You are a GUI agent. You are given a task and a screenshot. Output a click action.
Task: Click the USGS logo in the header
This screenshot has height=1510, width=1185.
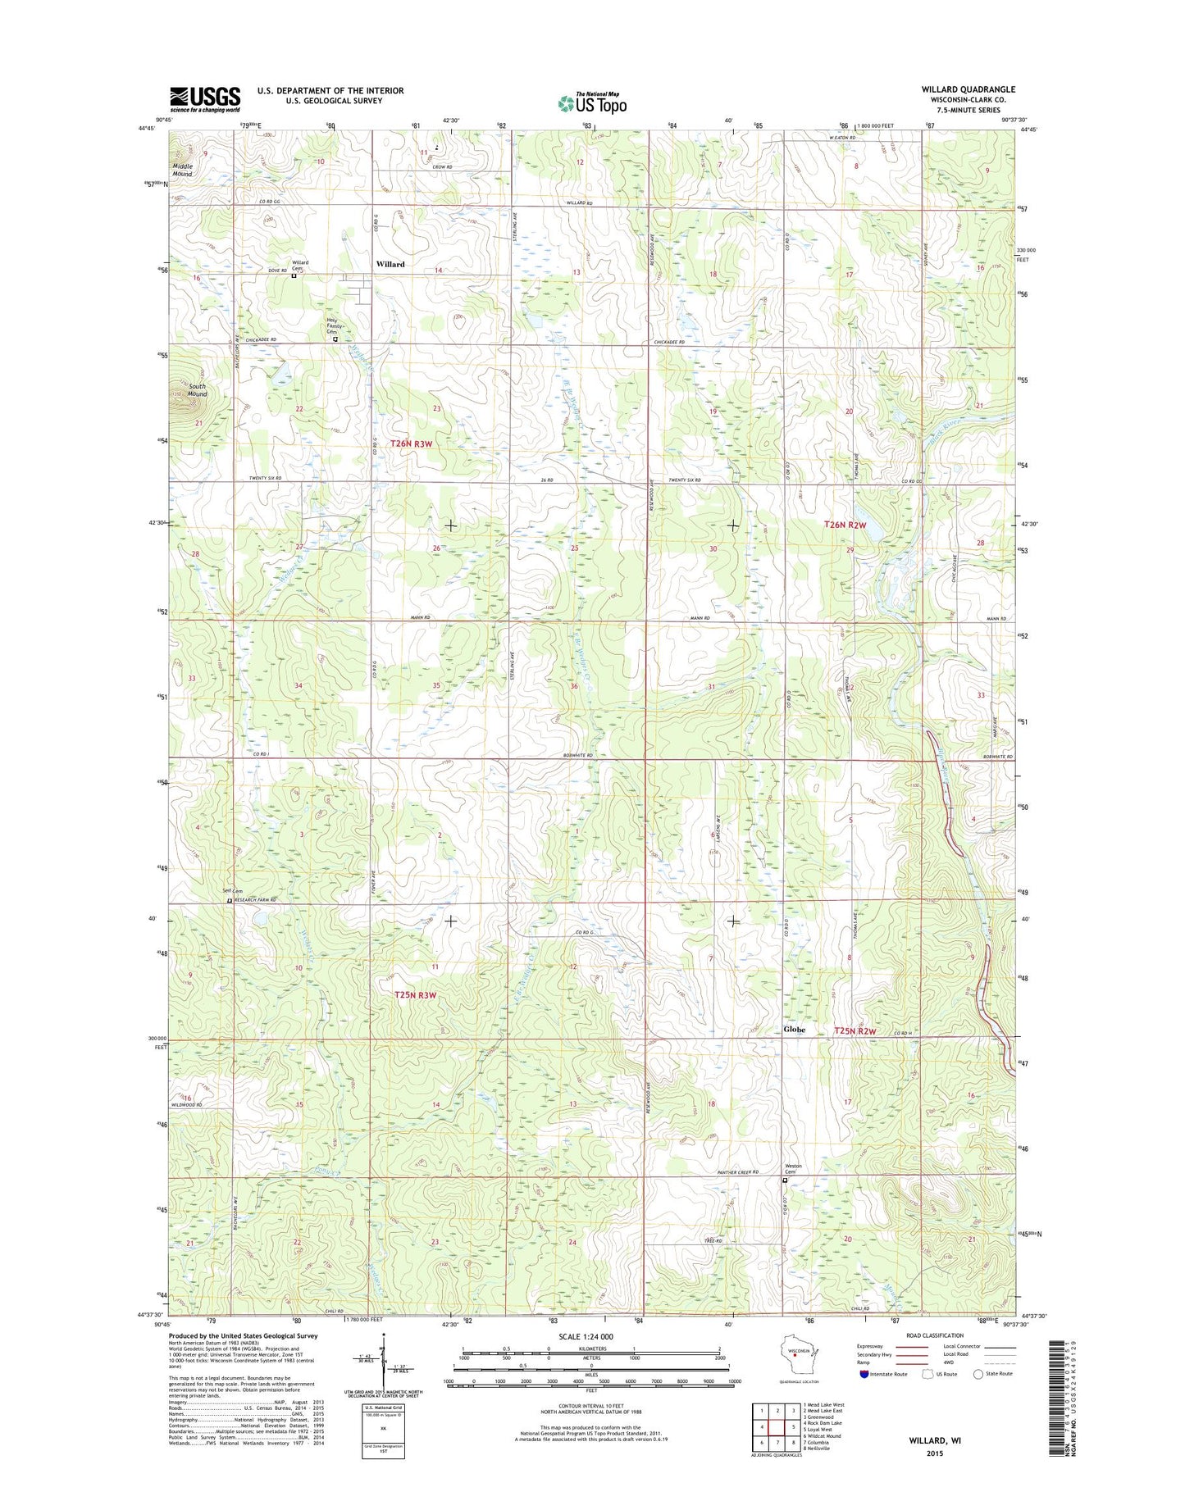205,99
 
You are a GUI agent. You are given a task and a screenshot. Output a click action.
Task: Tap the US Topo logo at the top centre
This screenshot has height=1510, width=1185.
592,102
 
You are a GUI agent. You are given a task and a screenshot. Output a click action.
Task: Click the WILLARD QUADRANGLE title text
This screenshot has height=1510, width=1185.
968,89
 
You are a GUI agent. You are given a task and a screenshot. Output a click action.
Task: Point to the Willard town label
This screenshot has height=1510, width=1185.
390,264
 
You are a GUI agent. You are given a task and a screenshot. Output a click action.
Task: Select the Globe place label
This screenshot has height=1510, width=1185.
794,1030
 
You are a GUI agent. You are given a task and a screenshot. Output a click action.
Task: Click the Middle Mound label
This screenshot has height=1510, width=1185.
182,171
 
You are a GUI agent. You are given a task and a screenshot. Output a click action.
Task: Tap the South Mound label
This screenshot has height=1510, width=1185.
197,389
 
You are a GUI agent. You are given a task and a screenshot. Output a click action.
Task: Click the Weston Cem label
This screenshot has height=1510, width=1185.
793,1168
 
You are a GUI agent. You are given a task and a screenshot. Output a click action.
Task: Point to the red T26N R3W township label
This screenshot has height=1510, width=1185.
411,443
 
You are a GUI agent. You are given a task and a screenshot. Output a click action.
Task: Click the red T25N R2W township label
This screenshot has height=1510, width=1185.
855,1030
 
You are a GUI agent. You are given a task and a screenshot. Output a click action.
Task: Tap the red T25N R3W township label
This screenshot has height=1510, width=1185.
415,995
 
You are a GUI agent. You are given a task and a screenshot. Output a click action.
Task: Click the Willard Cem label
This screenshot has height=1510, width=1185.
301,266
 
